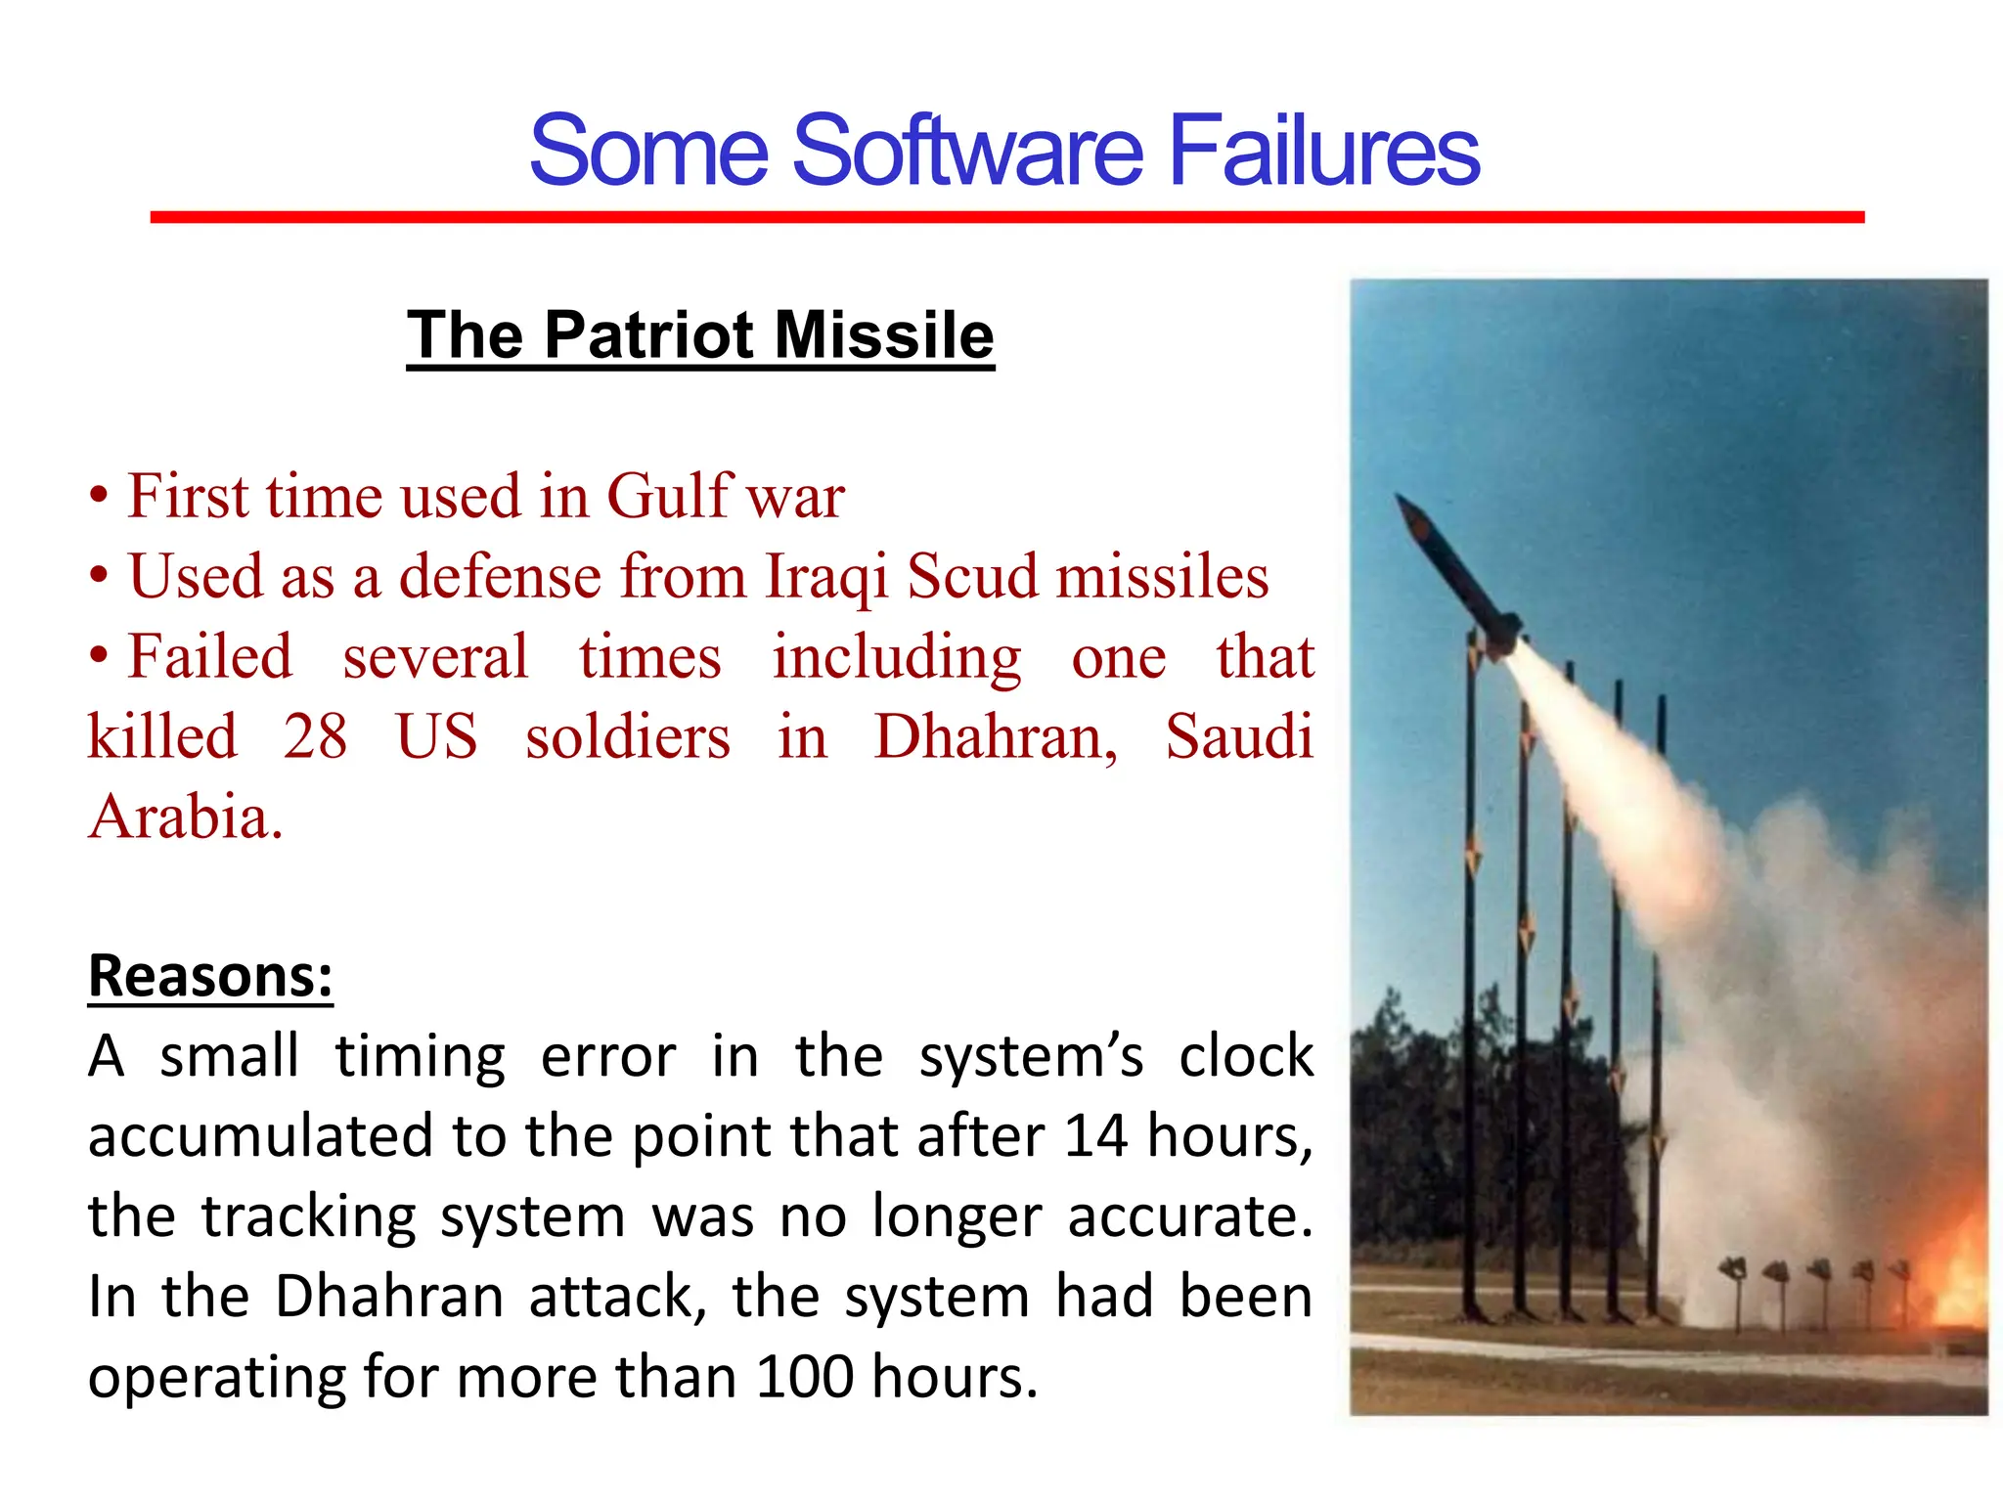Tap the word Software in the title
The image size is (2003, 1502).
pos(966,152)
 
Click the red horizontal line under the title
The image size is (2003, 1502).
pos(1007,217)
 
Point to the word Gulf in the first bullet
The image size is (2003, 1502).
pos(669,495)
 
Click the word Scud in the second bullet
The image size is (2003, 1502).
pos(970,576)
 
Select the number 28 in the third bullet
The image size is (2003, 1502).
pos(315,736)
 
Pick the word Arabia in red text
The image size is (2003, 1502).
pos(185,817)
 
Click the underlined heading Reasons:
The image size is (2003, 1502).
pos(210,976)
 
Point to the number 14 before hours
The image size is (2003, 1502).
pos(1095,1136)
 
